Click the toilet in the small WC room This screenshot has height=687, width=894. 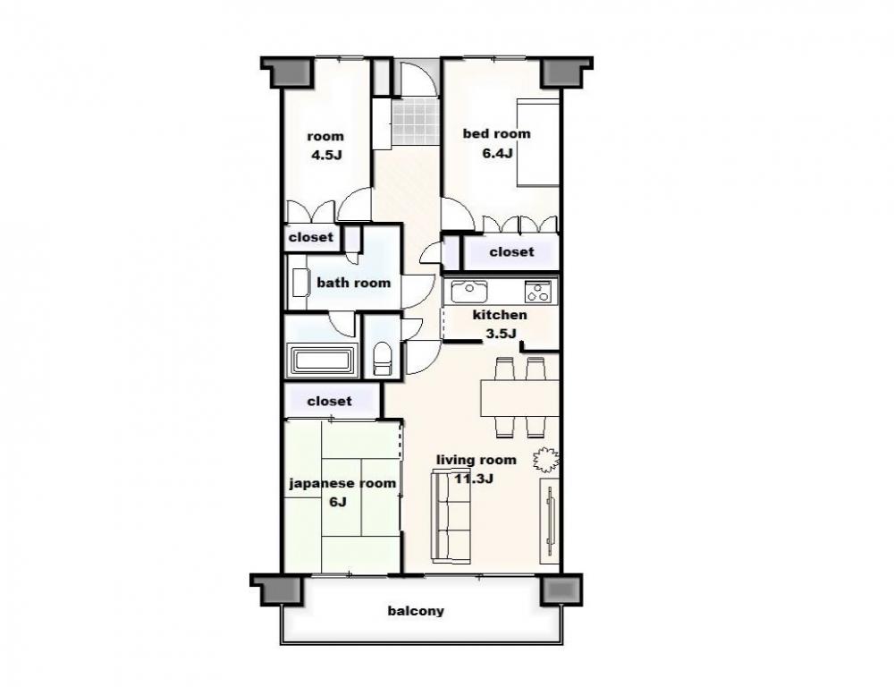[x=382, y=359]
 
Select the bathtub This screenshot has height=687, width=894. [x=322, y=360]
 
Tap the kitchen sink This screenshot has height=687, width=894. [x=468, y=292]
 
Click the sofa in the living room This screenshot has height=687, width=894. [x=451, y=516]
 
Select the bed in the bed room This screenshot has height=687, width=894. [x=537, y=142]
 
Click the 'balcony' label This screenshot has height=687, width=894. [x=416, y=611]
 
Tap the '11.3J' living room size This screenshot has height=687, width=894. [x=474, y=479]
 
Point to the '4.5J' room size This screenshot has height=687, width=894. [x=326, y=155]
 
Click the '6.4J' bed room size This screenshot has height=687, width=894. [x=497, y=153]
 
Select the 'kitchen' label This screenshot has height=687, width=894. [x=500, y=315]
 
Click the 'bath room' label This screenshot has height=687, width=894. [x=353, y=283]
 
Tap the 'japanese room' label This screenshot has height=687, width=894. [x=342, y=483]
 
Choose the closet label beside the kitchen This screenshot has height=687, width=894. [x=511, y=251]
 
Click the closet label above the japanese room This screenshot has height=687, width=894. [x=330, y=401]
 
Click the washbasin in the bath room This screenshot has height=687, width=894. [x=299, y=283]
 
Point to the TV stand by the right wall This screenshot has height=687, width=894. [x=550, y=521]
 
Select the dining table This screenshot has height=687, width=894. [x=519, y=398]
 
